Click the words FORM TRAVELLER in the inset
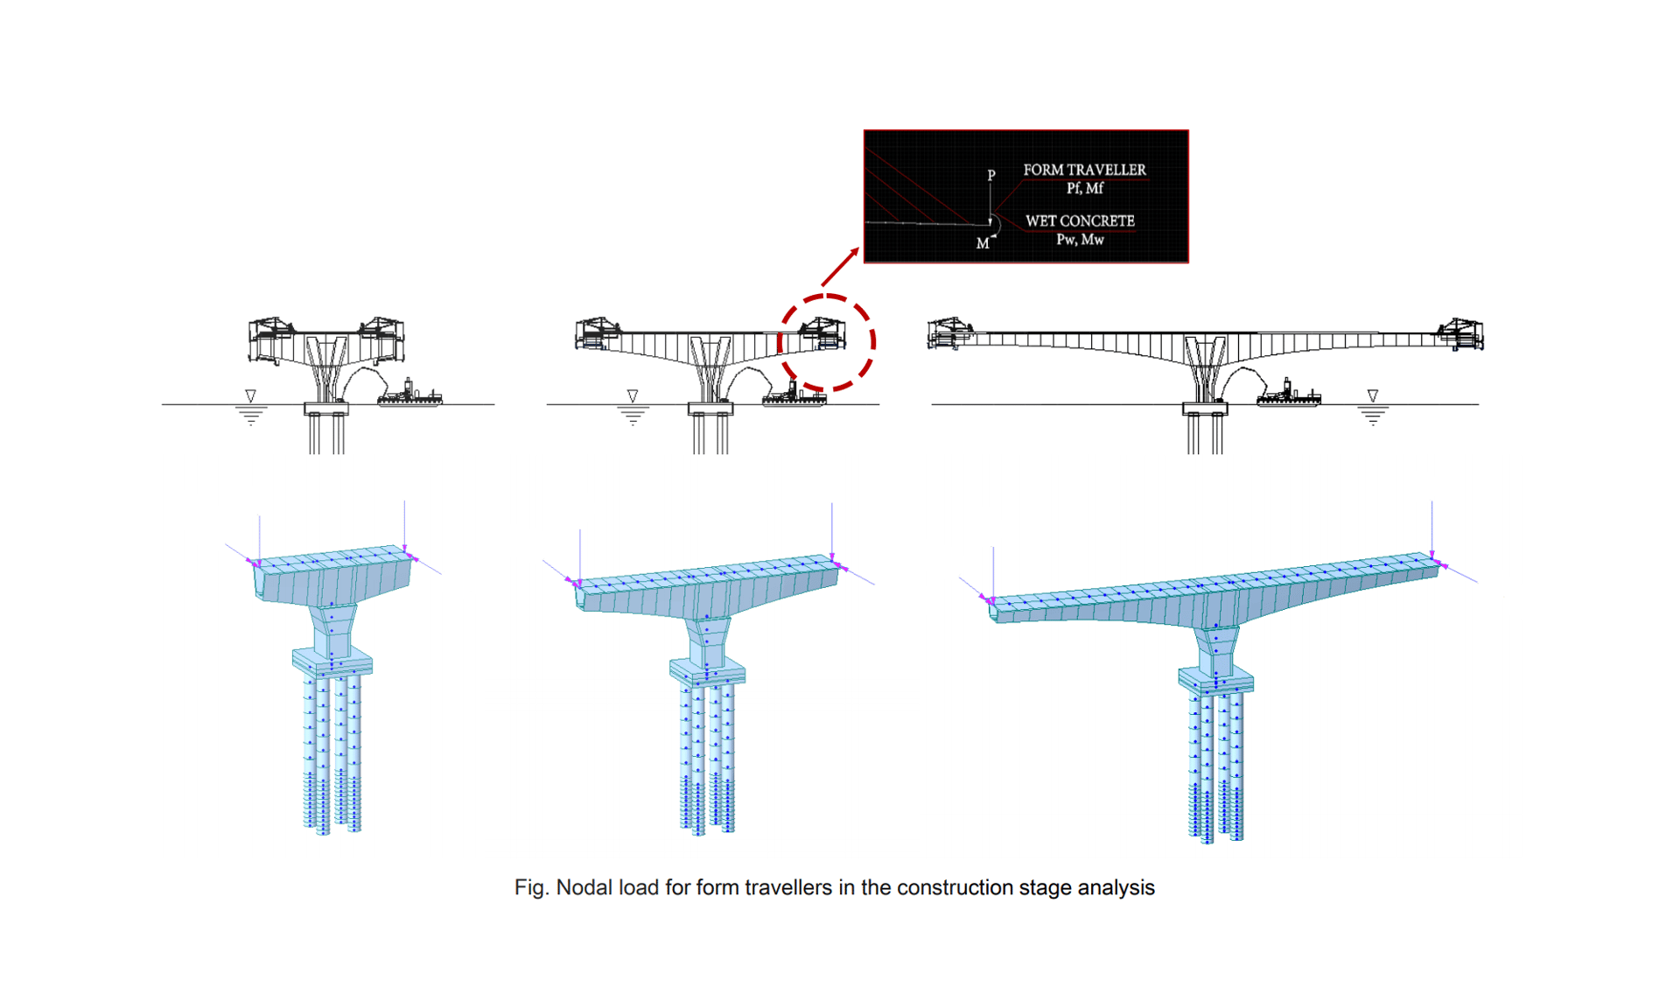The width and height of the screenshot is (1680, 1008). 1083,170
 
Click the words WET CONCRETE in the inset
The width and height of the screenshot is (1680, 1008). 1080,221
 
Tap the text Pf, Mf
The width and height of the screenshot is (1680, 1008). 1084,188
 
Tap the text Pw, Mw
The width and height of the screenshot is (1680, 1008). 1080,240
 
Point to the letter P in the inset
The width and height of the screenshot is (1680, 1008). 990,175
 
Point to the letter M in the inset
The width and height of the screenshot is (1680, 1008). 982,244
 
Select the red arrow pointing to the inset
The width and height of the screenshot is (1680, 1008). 839,267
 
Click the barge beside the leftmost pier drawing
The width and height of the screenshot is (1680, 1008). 410,395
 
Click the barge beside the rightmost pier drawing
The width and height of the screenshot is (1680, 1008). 1288,395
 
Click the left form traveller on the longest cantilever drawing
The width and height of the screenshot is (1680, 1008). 950,332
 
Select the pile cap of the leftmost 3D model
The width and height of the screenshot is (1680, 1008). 332,662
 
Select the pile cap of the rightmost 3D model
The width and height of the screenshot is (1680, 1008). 1215,680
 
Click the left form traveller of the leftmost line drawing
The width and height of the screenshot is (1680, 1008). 272,337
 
